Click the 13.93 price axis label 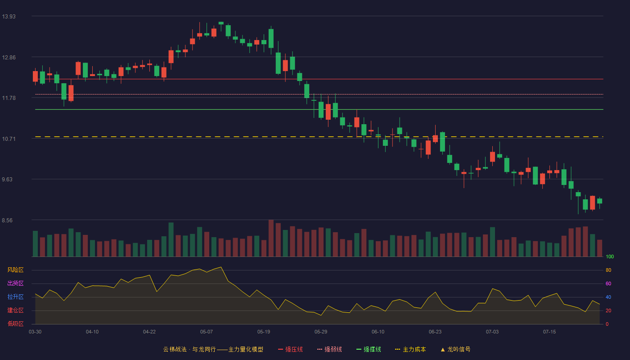click(9, 17)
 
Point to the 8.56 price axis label click(7, 220)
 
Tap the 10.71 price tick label click(9, 139)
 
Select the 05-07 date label click(207, 332)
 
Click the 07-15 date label click(549, 332)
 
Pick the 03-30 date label click(35, 332)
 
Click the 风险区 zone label click(15, 270)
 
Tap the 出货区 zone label click(15, 283)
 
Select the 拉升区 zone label click(15, 297)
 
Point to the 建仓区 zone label click(15, 310)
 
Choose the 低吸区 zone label click(15, 324)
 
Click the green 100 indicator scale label click(610, 256)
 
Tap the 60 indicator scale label click(608, 283)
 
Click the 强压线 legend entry click(290, 349)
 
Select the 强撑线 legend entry click(369, 349)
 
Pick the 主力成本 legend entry click(410, 349)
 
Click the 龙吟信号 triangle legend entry click(455, 349)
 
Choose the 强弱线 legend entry click(329, 349)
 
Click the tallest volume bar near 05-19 click(271, 238)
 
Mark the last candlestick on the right click(599, 201)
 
